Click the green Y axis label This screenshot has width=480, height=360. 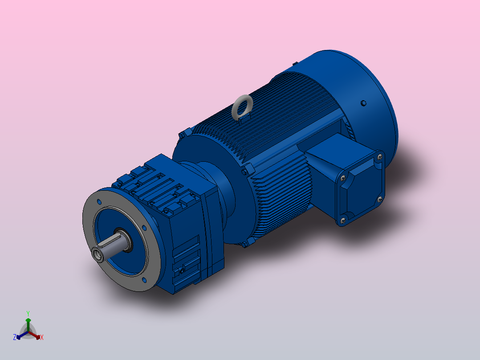(28, 313)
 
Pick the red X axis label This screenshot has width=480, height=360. (41, 338)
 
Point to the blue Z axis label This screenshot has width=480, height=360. (15, 337)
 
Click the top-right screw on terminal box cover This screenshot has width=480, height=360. (379, 156)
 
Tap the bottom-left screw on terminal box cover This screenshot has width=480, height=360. (343, 220)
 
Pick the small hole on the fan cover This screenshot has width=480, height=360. (363, 103)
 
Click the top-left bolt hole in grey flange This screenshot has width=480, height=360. (99, 202)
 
